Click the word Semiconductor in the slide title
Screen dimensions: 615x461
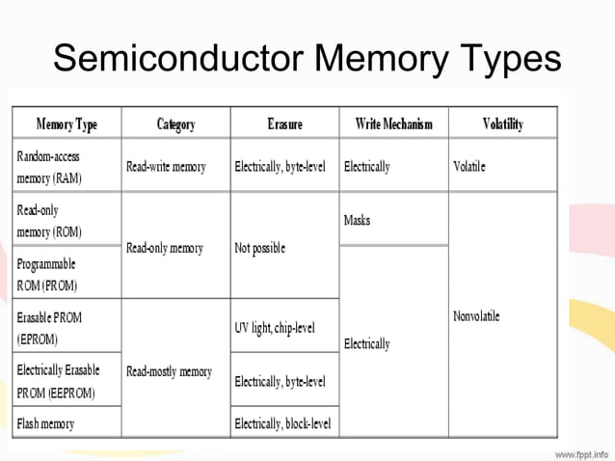coord(178,59)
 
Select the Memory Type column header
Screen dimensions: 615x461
coord(67,124)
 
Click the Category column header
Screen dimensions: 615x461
coord(175,124)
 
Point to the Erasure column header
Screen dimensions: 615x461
coord(284,124)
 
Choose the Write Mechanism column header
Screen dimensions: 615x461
coord(393,124)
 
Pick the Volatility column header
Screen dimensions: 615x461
coord(502,124)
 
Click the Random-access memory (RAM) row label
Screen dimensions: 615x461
coord(49,167)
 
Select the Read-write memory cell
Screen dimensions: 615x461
coord(166,167)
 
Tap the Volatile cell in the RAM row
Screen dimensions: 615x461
coord(469,167)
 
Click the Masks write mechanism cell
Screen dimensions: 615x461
coord(357,221)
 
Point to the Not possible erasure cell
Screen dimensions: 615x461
coord(260,248)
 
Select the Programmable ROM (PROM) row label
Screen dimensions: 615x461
coord(47,275)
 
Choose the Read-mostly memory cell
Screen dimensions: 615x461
coord(169,371)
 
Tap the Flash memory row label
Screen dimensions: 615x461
coord(45,423)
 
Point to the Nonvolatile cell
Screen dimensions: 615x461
coord(476,316)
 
